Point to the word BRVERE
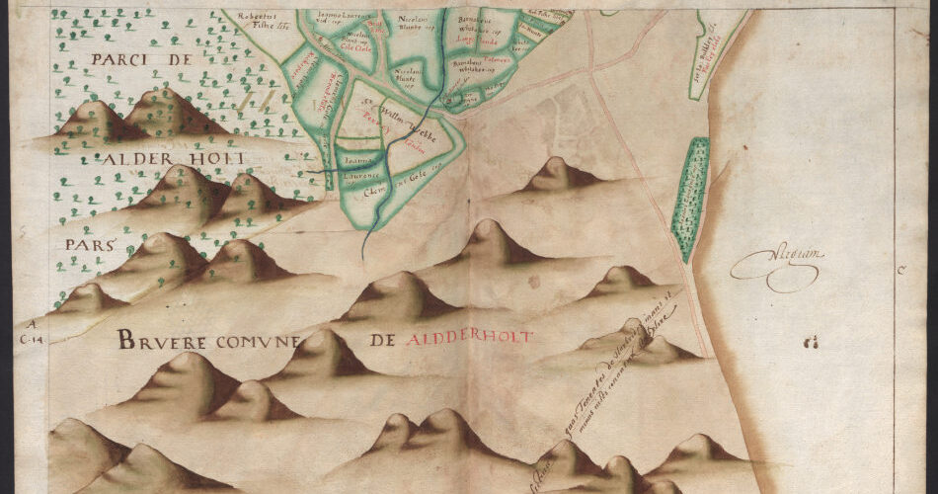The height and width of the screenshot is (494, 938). click(172, 341)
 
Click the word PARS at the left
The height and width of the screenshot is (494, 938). click(87, 243)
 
